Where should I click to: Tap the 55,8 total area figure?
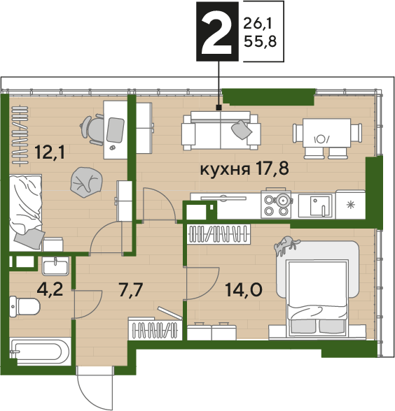click(x=261, y=41)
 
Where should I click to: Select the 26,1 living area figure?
click(x=258, y=24)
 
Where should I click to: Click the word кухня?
click(x=225, y=169)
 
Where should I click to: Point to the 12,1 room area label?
click(x=50, y=152)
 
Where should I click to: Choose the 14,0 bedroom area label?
click(x=244, y=290)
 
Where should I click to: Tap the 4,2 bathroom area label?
click(x=50, y=289)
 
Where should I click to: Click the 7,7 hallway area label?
click(x=131, y=290)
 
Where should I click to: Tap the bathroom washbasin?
click(x=55, y=266)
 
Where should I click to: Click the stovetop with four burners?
click(x=276, y=204)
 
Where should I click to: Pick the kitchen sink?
click(x=317, y=206)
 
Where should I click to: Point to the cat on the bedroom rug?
click(x=286, y=245)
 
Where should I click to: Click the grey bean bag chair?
click(x=86, y=182)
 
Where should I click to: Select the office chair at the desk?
click(x=92, y=130)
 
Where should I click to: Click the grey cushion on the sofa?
click(x=242, y=129)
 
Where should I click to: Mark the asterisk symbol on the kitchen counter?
click(x=350, y=204)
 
